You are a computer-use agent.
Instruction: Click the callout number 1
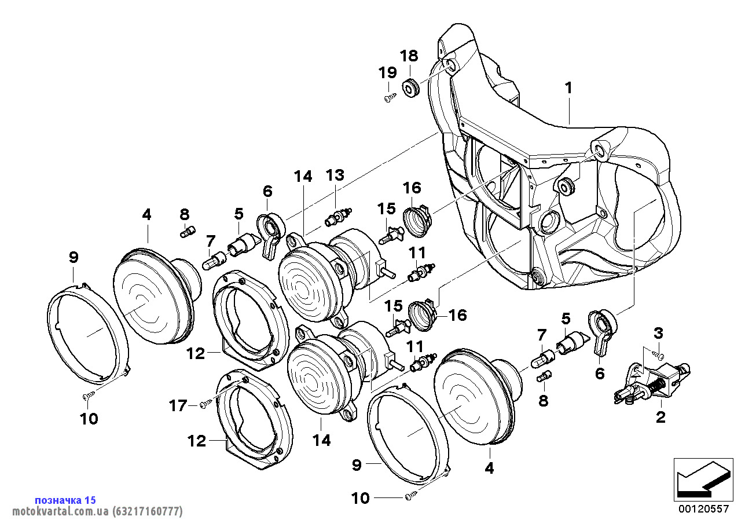click(x=569, y=88)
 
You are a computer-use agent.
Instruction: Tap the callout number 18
click(x=408, y=56)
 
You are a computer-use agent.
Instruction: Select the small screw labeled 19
click(x=390, y=98)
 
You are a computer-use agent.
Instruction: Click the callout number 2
click(x=660, y=417)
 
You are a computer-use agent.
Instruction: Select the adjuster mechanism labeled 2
click(x=651, y=383)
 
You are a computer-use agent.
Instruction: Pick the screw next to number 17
click(x=203, y=405)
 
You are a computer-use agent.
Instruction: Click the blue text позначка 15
click(x=65, y=500)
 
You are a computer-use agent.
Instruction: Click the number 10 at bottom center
click(x=360, y=498)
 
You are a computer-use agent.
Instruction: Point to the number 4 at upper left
click(x=146, y=215)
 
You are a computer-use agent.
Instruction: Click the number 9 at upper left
click(x=73, y=257)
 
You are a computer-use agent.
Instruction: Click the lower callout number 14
click(x=321, y=441)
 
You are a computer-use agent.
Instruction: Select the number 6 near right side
click(x=600, y=374)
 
